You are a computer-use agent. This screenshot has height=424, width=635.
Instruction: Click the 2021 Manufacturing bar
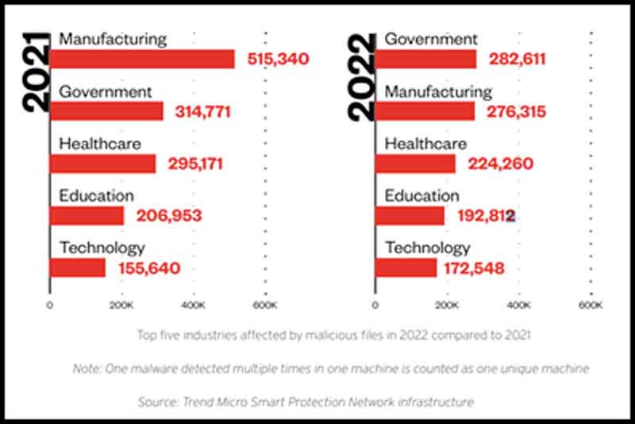(142, 60)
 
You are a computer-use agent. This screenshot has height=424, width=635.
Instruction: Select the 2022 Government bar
(425, 60)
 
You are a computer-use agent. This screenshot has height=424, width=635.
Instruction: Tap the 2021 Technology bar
(78, 268)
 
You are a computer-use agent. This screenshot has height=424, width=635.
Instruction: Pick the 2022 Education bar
(410, 215)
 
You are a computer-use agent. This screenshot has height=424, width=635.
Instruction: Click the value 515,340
(277, 60)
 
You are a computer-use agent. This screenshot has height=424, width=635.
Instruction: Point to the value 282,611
(518, 60)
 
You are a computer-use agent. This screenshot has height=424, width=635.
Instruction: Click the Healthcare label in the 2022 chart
(425, 144)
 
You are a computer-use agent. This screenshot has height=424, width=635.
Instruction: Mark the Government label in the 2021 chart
(105, 91)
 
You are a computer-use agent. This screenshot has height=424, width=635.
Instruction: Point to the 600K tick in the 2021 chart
(264, 305)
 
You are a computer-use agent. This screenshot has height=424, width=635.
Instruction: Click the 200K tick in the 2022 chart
(447, 305)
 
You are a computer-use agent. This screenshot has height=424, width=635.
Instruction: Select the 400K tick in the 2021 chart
(193, 305)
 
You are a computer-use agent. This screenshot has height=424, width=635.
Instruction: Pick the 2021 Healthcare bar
(102, 164)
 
